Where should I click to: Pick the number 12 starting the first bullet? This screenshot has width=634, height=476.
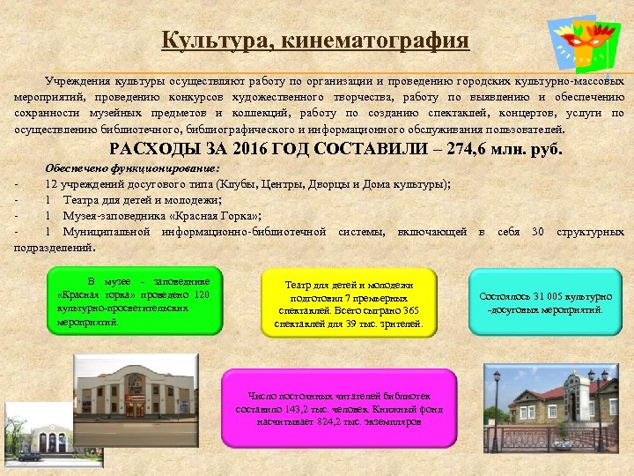click(x=52, y=184)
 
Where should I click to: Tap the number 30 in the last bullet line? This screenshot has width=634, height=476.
click(x=537, y=231)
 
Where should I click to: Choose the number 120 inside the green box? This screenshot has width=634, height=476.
click(x=202, y=294)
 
